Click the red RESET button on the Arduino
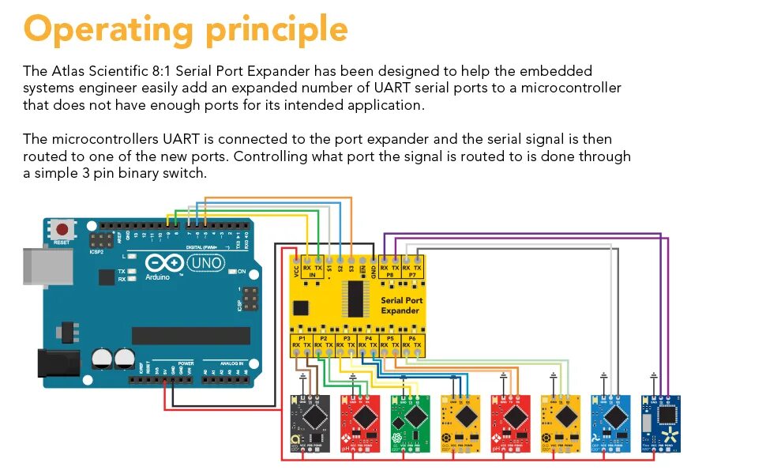[x=62, y=229]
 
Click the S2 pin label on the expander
[x=340, y=268]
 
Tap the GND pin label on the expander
[x=373, y=269]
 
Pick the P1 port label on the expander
[x=301, y=337]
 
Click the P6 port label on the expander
[x=411, y=337]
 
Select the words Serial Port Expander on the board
[x=402, y=305]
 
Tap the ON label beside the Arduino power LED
[x=242, y=272]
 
